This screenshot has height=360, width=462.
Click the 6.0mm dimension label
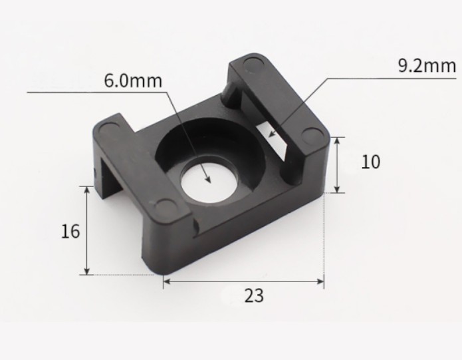coord(133,81)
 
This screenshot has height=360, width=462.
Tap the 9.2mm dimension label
coord(427,65)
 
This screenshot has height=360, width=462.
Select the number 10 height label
coord(371,162)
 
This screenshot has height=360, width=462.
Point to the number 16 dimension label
coord(70,231)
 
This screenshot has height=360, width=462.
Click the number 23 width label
coord(254,295)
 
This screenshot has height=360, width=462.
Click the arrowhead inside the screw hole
coord(207,178)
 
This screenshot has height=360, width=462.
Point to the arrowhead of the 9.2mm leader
coord(273,134)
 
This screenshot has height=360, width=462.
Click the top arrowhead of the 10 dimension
coord(338,141)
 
